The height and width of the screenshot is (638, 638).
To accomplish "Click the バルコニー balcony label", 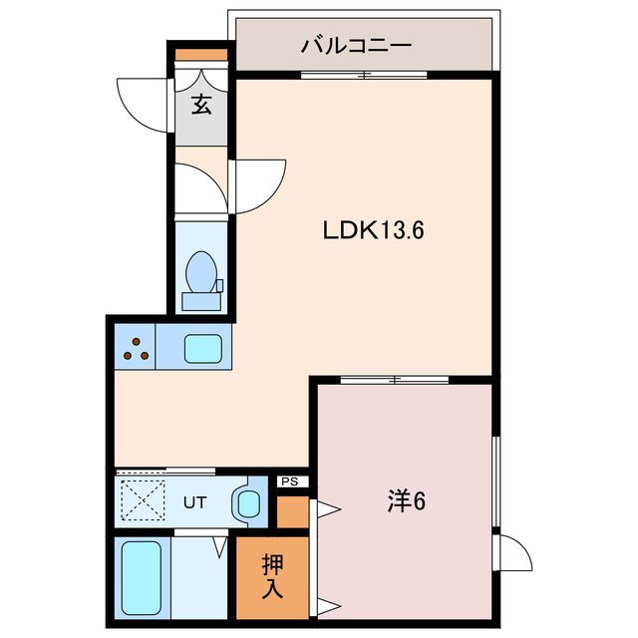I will [x=356, y=46].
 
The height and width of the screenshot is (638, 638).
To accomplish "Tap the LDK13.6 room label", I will [x=374, y=230].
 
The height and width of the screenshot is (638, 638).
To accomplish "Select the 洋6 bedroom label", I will [x=407, y=501].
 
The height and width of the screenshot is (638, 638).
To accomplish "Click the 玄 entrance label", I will [x=201, y=105].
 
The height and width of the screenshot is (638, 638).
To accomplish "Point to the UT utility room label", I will [x=193, y=501].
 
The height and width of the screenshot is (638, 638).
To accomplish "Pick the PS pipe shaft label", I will [x=290, y=481].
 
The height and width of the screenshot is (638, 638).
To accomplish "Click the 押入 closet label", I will [x=272, y=576].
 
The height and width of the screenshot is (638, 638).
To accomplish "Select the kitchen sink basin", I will [x=206, y=348].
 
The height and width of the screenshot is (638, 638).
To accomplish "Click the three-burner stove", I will [x=137, y=348].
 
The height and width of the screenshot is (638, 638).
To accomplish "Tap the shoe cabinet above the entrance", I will [x=202, y=54].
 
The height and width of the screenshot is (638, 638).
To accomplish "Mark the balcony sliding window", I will [x=365, y=74].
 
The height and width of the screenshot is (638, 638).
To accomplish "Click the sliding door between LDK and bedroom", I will [x=394, y=379].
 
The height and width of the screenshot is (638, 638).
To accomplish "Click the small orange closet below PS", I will [x=292, y=510].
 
